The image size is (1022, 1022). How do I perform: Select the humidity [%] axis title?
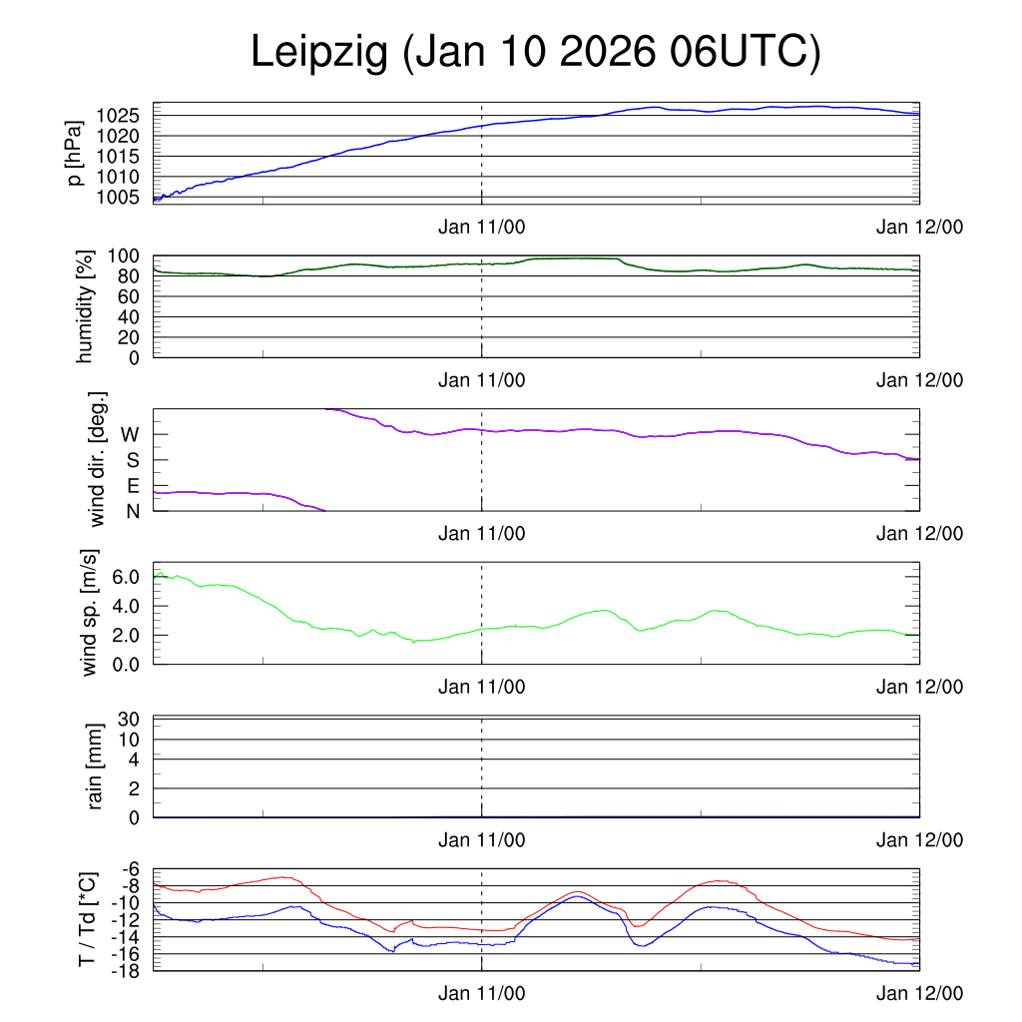click(84, 306)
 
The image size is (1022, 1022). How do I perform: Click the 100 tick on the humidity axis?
click(132, 256)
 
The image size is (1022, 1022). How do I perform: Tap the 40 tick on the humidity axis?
click(138, 317)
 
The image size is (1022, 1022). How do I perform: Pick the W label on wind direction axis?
click(130, 435)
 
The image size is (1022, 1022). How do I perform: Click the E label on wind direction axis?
click(132, 486)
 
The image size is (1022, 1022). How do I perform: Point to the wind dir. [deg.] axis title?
click(97, 460)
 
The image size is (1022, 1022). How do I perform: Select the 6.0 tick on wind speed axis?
click(130, 577)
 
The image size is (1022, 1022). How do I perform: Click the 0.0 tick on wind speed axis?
click(130, 664)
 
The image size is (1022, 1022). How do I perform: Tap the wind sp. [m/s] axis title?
click(91, 613)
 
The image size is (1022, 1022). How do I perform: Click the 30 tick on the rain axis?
click(137, 720)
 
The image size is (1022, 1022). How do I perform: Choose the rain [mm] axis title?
click(96, 767)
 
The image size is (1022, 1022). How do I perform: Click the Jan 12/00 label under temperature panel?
click(919, 995)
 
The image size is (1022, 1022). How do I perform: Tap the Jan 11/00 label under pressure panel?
click(482, 227)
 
